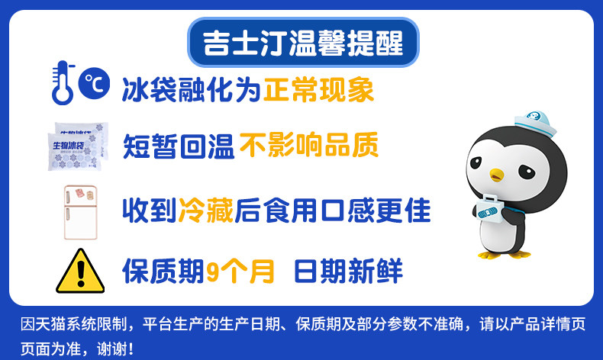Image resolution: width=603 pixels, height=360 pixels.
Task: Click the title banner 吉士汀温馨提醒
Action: (303, 43)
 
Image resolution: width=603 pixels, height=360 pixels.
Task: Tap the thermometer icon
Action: (63, 82)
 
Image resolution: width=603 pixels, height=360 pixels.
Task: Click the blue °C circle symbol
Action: (94, 83)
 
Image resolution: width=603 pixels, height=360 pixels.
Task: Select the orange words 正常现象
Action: (318, 90)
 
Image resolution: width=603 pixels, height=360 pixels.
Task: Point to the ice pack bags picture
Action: (78, 146)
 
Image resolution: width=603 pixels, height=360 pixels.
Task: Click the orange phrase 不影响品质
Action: (309, 145)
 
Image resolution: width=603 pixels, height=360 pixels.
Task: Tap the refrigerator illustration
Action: (80, 213)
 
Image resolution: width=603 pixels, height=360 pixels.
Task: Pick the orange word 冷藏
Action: (206, 211)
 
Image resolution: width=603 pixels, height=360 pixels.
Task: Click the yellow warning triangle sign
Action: (80, 271)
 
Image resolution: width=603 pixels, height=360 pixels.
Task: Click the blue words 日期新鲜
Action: (348, 271)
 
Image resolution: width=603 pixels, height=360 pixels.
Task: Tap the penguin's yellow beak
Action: (496, 175)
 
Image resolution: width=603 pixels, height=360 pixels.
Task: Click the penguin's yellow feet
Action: (505, 254)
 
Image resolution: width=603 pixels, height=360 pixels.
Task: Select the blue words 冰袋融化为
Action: (191, 90)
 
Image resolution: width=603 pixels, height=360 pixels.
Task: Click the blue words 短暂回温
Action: (179, 146)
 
